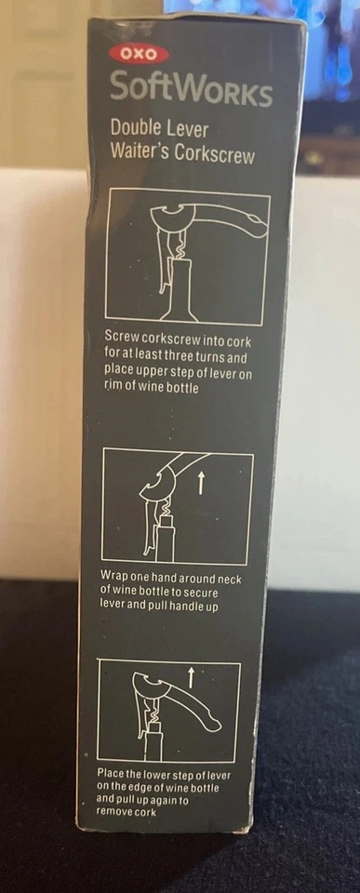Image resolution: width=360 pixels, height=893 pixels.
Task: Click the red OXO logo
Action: (x=137, y=56)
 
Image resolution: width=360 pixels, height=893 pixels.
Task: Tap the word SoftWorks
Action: (x=191, y=91)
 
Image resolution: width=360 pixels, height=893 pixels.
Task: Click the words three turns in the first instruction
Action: (x=216, y=357)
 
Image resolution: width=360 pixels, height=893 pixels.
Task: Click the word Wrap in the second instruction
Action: (x=116, y=575)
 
